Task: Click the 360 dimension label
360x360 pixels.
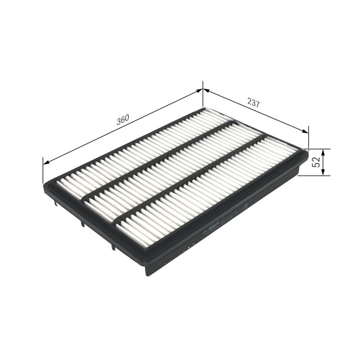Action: click(123, 119)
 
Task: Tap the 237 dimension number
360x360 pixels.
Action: click(254, 103)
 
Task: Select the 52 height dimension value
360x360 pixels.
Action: click(317, 162)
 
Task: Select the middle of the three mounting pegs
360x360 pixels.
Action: click(83, 222)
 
